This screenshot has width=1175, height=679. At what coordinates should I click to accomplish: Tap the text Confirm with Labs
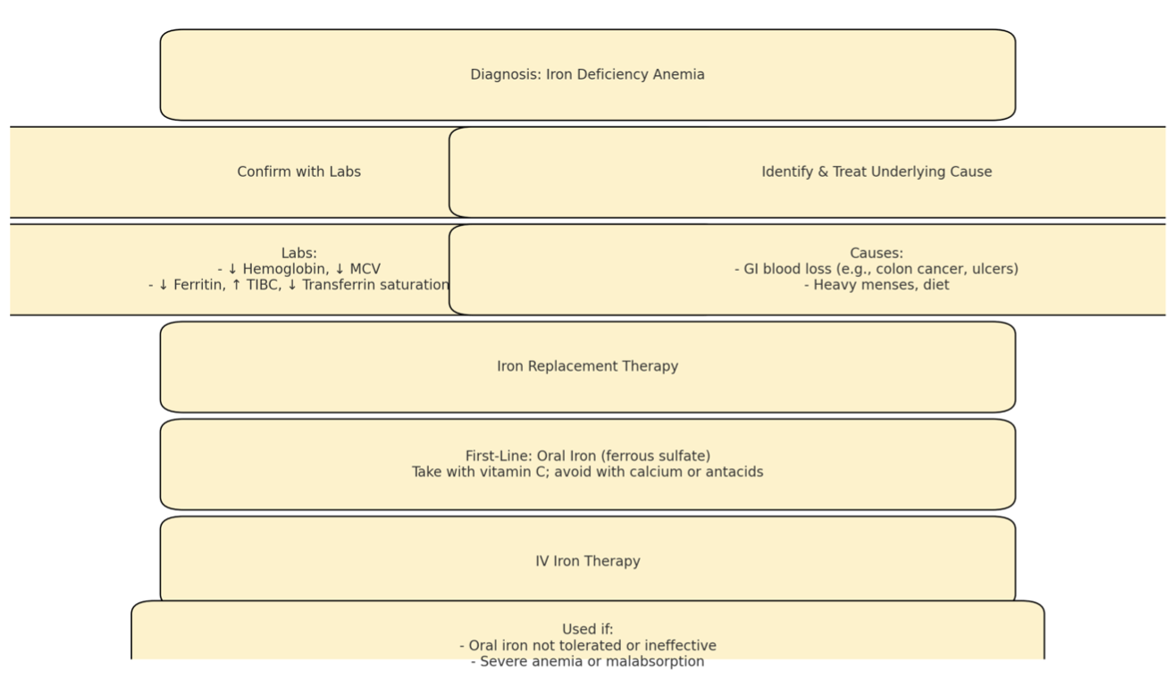(299, 172)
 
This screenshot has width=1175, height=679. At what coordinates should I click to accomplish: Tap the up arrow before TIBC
(237, 285)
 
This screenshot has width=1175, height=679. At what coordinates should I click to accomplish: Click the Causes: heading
(877, 253)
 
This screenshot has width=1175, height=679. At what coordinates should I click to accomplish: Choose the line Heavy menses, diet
(877, 285)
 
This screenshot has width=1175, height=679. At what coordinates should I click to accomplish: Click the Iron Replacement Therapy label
(588, 366)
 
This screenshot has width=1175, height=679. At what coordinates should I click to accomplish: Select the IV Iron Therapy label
(588, 561)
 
